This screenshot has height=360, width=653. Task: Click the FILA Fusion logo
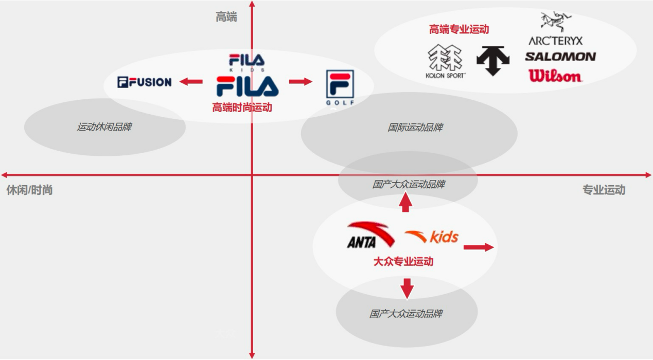tap(145, 82)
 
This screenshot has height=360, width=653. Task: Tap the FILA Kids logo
tap(247, 62)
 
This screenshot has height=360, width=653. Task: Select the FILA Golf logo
tap(339, 87)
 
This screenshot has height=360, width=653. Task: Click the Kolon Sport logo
tap(446, 61)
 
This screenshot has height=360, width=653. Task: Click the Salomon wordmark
tap(560, 57)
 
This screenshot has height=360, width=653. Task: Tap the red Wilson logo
tap(555, 76)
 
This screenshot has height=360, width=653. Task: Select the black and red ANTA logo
tap(369, 235)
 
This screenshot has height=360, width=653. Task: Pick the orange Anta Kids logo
tap(432, 237)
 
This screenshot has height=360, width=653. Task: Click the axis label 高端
tap(226, 17)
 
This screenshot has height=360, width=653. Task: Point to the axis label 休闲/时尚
tap(29, 190)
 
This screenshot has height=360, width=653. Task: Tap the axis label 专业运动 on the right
tap(604, 190)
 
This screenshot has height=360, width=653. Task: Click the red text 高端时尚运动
tap(242, 107)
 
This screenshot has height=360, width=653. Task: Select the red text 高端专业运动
tap(459, 29)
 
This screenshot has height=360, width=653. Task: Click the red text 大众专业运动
tap(403, 261)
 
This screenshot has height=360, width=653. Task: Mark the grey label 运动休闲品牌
tap(104, 127)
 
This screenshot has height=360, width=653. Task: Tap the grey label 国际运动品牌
tap(415, 127)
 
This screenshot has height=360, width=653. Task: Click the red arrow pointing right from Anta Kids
tap(479, 247)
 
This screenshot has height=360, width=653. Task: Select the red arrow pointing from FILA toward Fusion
tap(191, 81)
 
